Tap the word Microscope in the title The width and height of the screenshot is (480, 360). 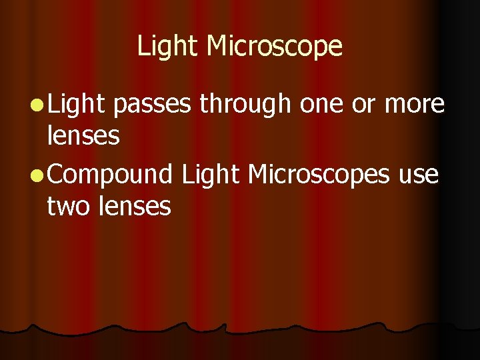tap(275, 47)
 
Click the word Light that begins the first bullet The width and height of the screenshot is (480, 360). tap(77, 104)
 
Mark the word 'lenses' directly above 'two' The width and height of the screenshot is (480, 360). tap(83, 137)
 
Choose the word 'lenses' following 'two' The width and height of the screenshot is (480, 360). tap(135, 207)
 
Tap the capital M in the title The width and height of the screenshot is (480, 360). tap(217, 47)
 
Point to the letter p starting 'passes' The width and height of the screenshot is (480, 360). tap(121, 107)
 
